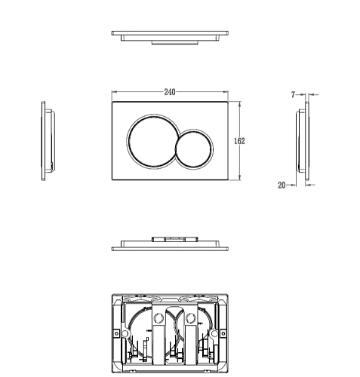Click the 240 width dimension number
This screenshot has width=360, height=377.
(x=170, y=92)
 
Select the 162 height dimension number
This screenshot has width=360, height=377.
(x=239, y=141)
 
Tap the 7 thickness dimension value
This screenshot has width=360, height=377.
(x=293, y=95)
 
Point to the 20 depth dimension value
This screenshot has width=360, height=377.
(x=282, y=185)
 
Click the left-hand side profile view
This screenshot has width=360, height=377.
(x=48, y=141)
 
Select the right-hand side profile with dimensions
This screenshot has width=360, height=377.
(x=303, y=141)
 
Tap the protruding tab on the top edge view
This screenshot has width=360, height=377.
(x=175, y=43)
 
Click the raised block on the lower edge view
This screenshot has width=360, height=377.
(x=175, y=239)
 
